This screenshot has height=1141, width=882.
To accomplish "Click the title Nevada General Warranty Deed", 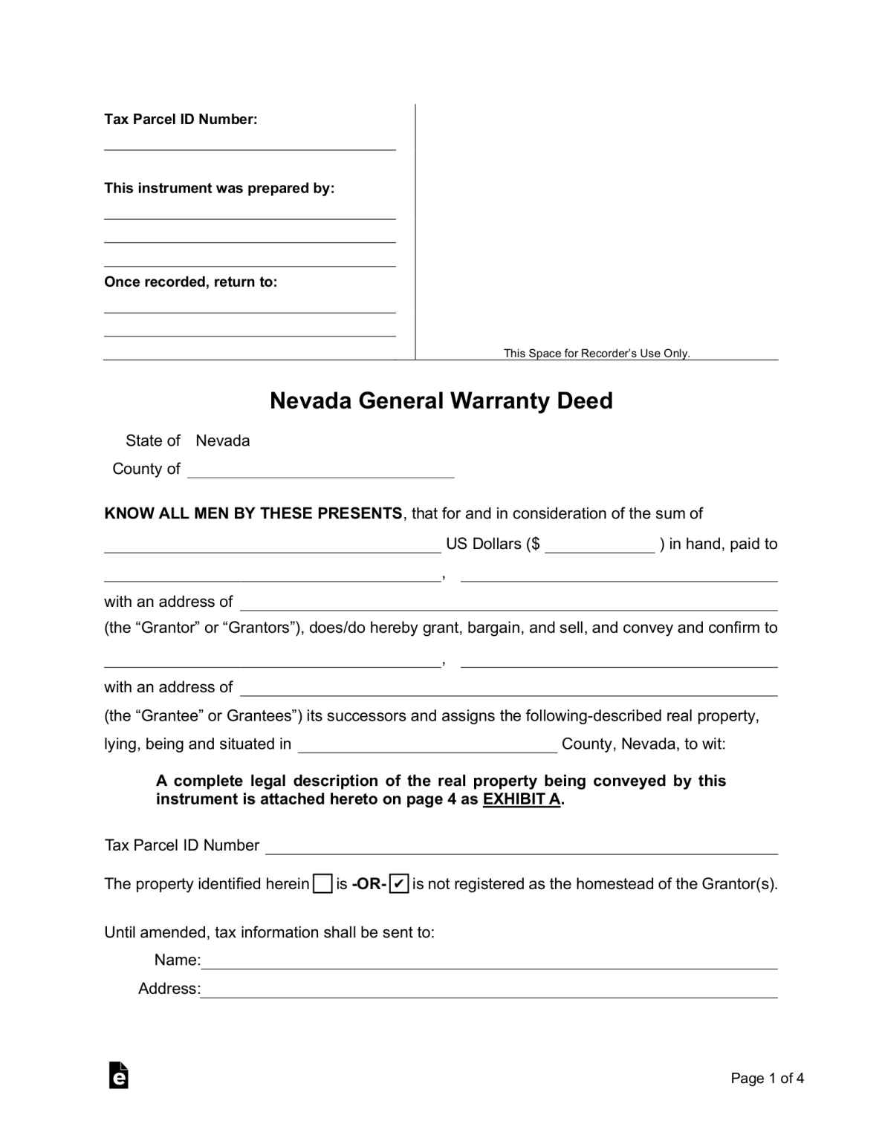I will pyautogui.click(x=441, y=401).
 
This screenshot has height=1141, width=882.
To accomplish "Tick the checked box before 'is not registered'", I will pyautogui.click(x=399, y=883).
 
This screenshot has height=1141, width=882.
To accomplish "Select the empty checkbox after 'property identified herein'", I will pyautogui.click(x=322, y=883).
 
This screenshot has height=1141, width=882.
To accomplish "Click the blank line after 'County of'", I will pyautogui.click(x=320, y=470).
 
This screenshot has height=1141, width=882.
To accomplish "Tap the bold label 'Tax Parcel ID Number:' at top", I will pyautogui.click(x=181, y=120).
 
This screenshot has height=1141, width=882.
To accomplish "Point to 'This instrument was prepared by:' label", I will pyautogui.click(x=219, y=189).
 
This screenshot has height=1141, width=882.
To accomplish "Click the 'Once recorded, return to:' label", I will pyautogui.click(x=190, y=282).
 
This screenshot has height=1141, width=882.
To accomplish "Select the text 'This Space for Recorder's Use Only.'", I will pyautogui.click(x=597, y=354).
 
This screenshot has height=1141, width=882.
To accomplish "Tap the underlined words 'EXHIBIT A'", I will pyautogui.click(x=522, y=800).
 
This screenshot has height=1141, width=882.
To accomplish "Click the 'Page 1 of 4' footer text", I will pyautogui.click(x=767, y=1079).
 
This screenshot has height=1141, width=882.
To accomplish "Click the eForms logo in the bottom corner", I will pyautogui.click(x=118, y=1076).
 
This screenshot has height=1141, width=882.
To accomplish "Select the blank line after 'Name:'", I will pyautogui.click(x=489, y=962).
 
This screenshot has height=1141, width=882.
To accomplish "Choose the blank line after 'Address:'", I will pyautogui.click(x=489, y=990).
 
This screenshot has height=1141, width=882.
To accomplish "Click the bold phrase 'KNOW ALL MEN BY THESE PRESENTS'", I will pyautogui.click(x=253, y=514).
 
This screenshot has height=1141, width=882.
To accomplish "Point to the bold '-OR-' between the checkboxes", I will pyautogui.click(x=369, y=884).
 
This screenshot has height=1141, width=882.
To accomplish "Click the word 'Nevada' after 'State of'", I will pyautogui.click(x=223, y=441).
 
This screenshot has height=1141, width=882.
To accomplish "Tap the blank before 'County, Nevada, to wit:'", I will pyautogui.click(x=427, y=746).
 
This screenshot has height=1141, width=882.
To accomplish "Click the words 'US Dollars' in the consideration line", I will pyautogui.click(x=484, y=545).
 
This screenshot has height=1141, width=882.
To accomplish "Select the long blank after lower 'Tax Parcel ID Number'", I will pyautogui.click(x=522, y=847).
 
